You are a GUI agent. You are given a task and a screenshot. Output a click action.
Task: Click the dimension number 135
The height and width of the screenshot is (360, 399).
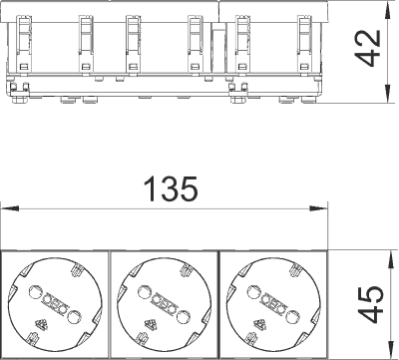(171, 188)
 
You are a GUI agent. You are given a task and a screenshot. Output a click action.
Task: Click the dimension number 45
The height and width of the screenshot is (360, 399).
(371, 304)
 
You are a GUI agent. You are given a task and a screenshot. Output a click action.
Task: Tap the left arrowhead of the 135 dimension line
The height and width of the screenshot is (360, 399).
(10, 208)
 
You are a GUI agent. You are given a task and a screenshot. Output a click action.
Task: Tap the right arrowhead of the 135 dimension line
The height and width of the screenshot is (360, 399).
(318, 208)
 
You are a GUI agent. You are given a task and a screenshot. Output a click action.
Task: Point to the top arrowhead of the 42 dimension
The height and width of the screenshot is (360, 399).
(387, 10)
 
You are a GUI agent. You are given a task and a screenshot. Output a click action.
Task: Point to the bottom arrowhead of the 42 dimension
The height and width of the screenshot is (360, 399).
(387, 94)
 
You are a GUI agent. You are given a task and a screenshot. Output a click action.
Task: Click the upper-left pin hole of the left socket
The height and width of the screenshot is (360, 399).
(34, 292)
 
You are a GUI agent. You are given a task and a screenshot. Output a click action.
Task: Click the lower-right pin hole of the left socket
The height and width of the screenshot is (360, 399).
(74, 316)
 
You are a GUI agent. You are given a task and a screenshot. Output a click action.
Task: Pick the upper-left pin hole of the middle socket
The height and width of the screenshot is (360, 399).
(143, 292)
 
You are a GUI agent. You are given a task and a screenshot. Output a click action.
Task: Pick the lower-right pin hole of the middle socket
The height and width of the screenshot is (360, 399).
(183, 316)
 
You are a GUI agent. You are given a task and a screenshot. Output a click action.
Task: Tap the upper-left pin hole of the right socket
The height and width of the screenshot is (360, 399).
(252, 292)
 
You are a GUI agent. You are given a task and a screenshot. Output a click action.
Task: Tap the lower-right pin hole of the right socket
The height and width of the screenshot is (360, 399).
(291, 316)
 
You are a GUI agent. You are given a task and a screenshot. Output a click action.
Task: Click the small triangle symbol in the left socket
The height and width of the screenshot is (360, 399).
(41, 323)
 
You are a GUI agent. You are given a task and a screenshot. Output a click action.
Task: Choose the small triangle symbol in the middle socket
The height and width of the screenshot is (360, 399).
(151, 323)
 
